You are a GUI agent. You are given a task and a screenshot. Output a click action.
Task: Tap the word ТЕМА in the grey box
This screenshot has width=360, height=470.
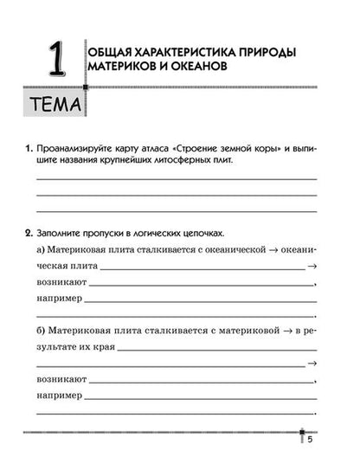[51, 107]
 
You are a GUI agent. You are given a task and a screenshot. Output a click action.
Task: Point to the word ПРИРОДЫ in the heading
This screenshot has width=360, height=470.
[260, 54]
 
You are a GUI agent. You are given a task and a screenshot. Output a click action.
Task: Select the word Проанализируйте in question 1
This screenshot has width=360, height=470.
[76, 149]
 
